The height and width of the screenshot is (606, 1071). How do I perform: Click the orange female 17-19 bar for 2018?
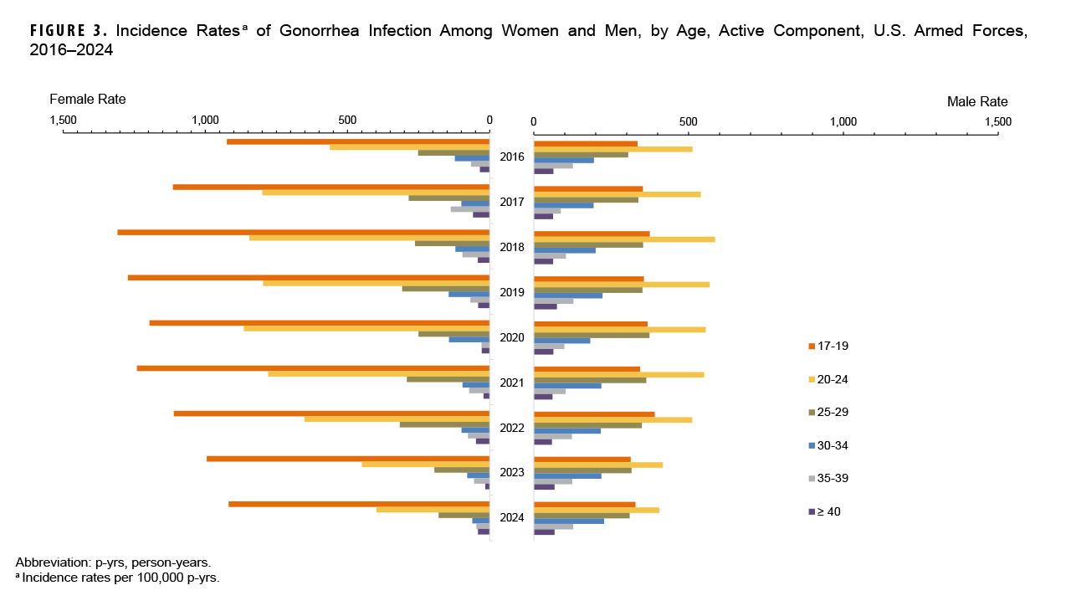[x=303, y=232]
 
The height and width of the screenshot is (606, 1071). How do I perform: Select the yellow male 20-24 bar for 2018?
[x=624, y=239]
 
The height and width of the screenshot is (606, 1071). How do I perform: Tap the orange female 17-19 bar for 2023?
[x=348, y=459]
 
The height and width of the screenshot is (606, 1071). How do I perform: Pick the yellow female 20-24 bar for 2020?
[x=366, y=328]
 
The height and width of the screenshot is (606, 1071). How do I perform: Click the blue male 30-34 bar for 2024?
[x=569, y=521]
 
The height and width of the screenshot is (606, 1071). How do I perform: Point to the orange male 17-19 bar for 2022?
[x=594, y=413]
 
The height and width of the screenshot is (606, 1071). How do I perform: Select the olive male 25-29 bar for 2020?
[x=592, y=335]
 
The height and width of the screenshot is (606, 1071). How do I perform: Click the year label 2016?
[x=511, y=157]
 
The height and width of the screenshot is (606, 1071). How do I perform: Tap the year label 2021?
[x=511, y=383]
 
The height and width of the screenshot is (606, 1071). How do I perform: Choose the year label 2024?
[x=511, y=517]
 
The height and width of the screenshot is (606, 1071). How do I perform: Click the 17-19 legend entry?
[x=830, y=346]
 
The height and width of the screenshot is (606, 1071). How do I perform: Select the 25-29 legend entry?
[x=830, y=412]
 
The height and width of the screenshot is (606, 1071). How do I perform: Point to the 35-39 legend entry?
[x=830, y=478]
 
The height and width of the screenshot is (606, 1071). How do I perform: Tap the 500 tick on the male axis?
[x=688, y=122]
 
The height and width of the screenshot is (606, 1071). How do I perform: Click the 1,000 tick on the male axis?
[x=843, y=122]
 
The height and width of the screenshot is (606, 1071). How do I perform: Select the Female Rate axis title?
[x=88, y=99]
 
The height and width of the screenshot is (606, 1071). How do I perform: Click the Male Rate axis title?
[x=977, y=101]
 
